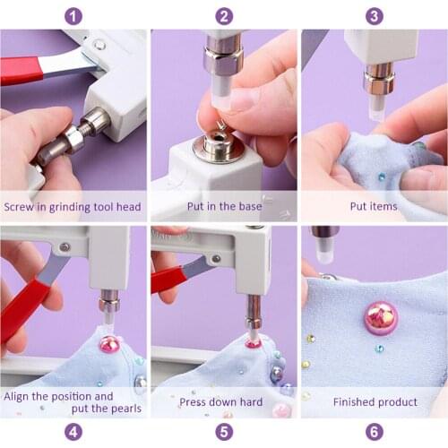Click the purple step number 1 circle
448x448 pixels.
[73, 15]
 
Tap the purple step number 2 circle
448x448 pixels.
[224, 15]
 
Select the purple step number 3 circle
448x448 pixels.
[375, 15]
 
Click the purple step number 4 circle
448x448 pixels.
[73, 432]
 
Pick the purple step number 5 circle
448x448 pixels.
[224, 432]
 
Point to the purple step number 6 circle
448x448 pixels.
[375, 432]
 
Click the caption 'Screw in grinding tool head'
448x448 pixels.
[73, 207]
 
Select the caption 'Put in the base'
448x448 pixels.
[223, 207]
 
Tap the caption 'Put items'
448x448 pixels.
[374, 207]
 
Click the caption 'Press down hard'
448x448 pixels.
[223, 402]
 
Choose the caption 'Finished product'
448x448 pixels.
[374, 402]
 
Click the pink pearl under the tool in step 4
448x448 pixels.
[109, 344]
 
